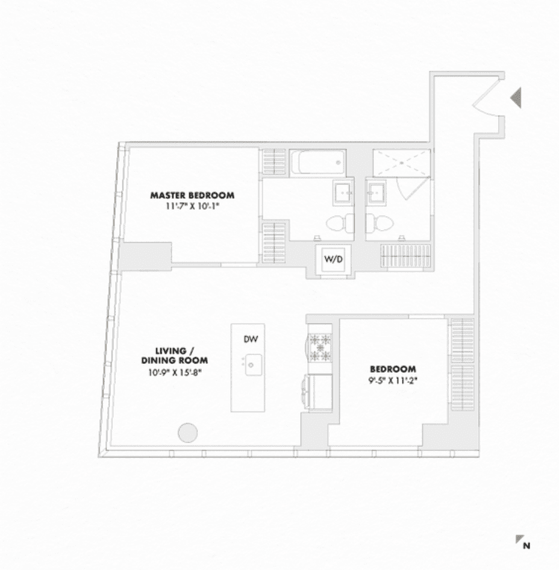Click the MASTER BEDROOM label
192,195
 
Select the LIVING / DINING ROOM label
175,355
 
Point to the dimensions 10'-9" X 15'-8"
175,372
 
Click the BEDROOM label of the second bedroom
393,369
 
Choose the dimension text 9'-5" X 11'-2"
393,381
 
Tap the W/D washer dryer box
333,259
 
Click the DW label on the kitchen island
251,339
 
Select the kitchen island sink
253,365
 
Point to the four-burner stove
320,348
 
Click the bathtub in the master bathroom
317,162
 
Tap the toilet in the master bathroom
340,222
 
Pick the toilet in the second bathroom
379,222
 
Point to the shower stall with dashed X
402,163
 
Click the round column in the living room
187,433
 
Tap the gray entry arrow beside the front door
516,98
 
